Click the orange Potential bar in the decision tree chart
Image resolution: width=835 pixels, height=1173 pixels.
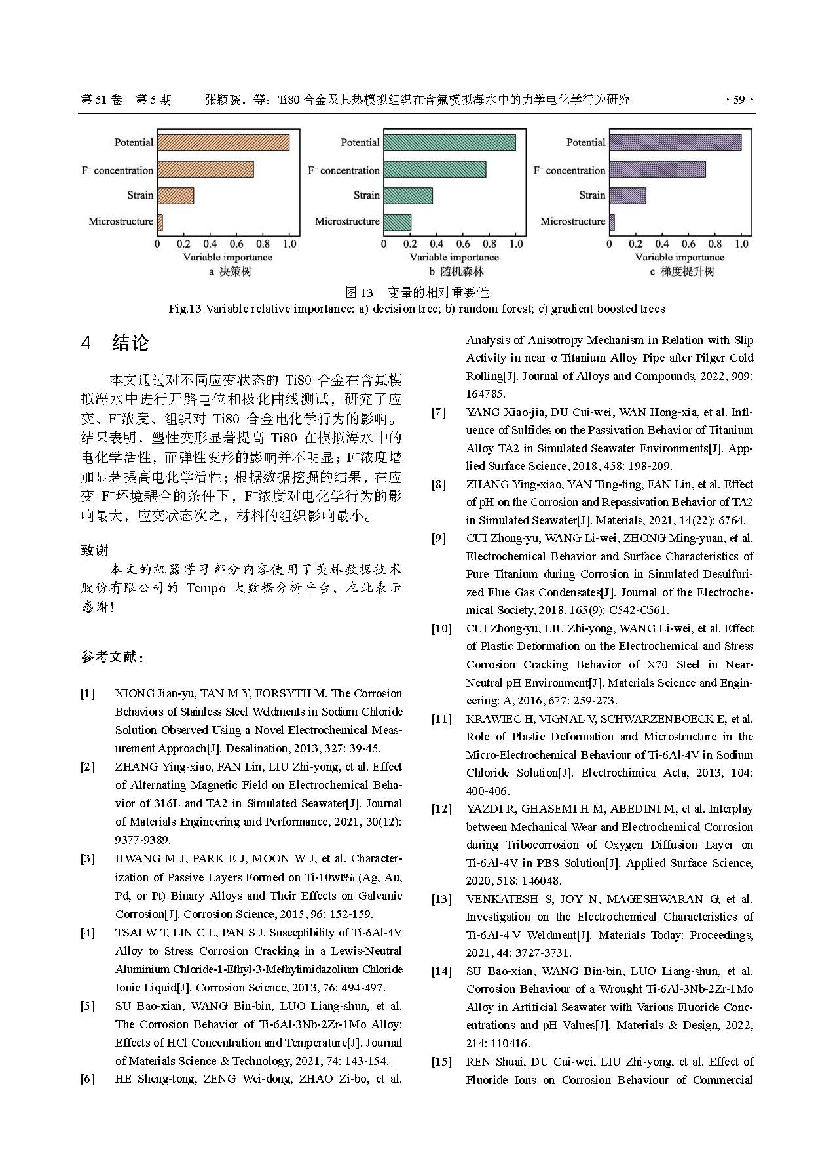click(223, 142)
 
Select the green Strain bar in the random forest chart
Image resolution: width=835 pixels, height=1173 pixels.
click(408, 195)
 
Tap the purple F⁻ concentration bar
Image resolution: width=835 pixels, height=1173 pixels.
click(657, 170)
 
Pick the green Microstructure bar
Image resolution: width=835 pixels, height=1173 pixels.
click(397, 222)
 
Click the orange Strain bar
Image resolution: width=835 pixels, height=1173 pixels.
click(176, 195)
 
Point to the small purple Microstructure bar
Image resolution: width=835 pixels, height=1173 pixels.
click(612, 222)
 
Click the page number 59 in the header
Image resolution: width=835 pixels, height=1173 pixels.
click(739, 100)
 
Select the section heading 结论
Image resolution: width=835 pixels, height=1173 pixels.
click(130, 343)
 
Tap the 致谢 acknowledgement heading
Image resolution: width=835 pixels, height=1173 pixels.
click(94, 550)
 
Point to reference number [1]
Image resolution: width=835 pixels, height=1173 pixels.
click(88, 693)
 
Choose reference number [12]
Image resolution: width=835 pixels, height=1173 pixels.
click(441, 809)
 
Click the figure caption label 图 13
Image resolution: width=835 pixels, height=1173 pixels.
click(359, 292)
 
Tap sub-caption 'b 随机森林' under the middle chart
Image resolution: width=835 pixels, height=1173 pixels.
click(456, 271)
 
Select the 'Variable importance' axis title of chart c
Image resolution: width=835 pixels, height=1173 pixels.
click(679, 257)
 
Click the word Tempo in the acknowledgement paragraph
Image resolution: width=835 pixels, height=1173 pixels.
click(206, 588)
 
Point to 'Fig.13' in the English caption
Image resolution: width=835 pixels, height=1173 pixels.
click(185, 309)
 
